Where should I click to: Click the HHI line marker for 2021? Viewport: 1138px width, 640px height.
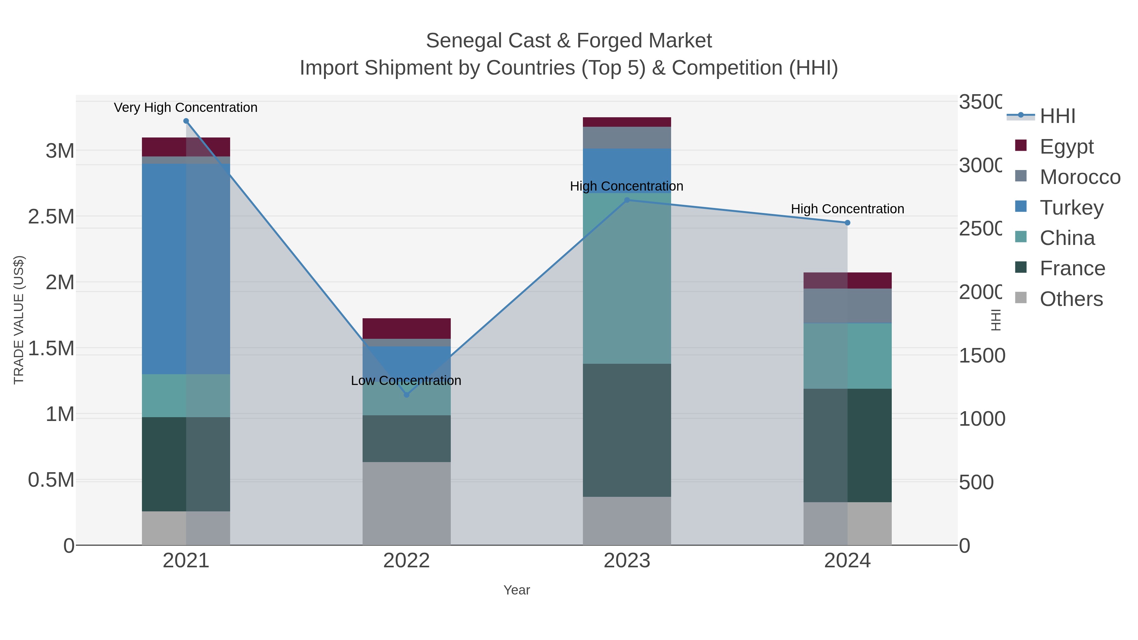coord(186,121)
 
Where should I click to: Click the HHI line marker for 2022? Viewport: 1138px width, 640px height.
coord(407,395)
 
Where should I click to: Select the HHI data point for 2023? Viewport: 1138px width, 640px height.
coord(627,200)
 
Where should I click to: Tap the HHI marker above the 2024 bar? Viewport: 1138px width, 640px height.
coord(847,222)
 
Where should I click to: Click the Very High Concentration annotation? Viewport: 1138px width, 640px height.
coord(186,107)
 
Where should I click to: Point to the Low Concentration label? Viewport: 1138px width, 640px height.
coord(406,380)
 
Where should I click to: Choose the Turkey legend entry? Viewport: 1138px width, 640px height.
coord(1071,208)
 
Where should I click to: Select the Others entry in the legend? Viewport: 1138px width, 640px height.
coord(1071,299)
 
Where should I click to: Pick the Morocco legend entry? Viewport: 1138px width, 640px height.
coord(1080,177)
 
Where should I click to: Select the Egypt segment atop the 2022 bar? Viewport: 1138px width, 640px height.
coord(407,328)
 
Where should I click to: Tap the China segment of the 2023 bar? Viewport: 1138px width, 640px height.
coord(627,278)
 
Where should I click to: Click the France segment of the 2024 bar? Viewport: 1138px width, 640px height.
coord(847,445)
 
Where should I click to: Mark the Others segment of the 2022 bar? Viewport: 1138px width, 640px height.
coord(407,503)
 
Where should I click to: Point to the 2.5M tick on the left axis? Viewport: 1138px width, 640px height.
coord(51,216)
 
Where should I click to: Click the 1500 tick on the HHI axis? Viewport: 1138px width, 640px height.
coord(982,356)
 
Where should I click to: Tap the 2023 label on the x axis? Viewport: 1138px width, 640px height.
coord(627,560)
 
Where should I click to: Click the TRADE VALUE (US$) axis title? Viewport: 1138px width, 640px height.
coord(19,319)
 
